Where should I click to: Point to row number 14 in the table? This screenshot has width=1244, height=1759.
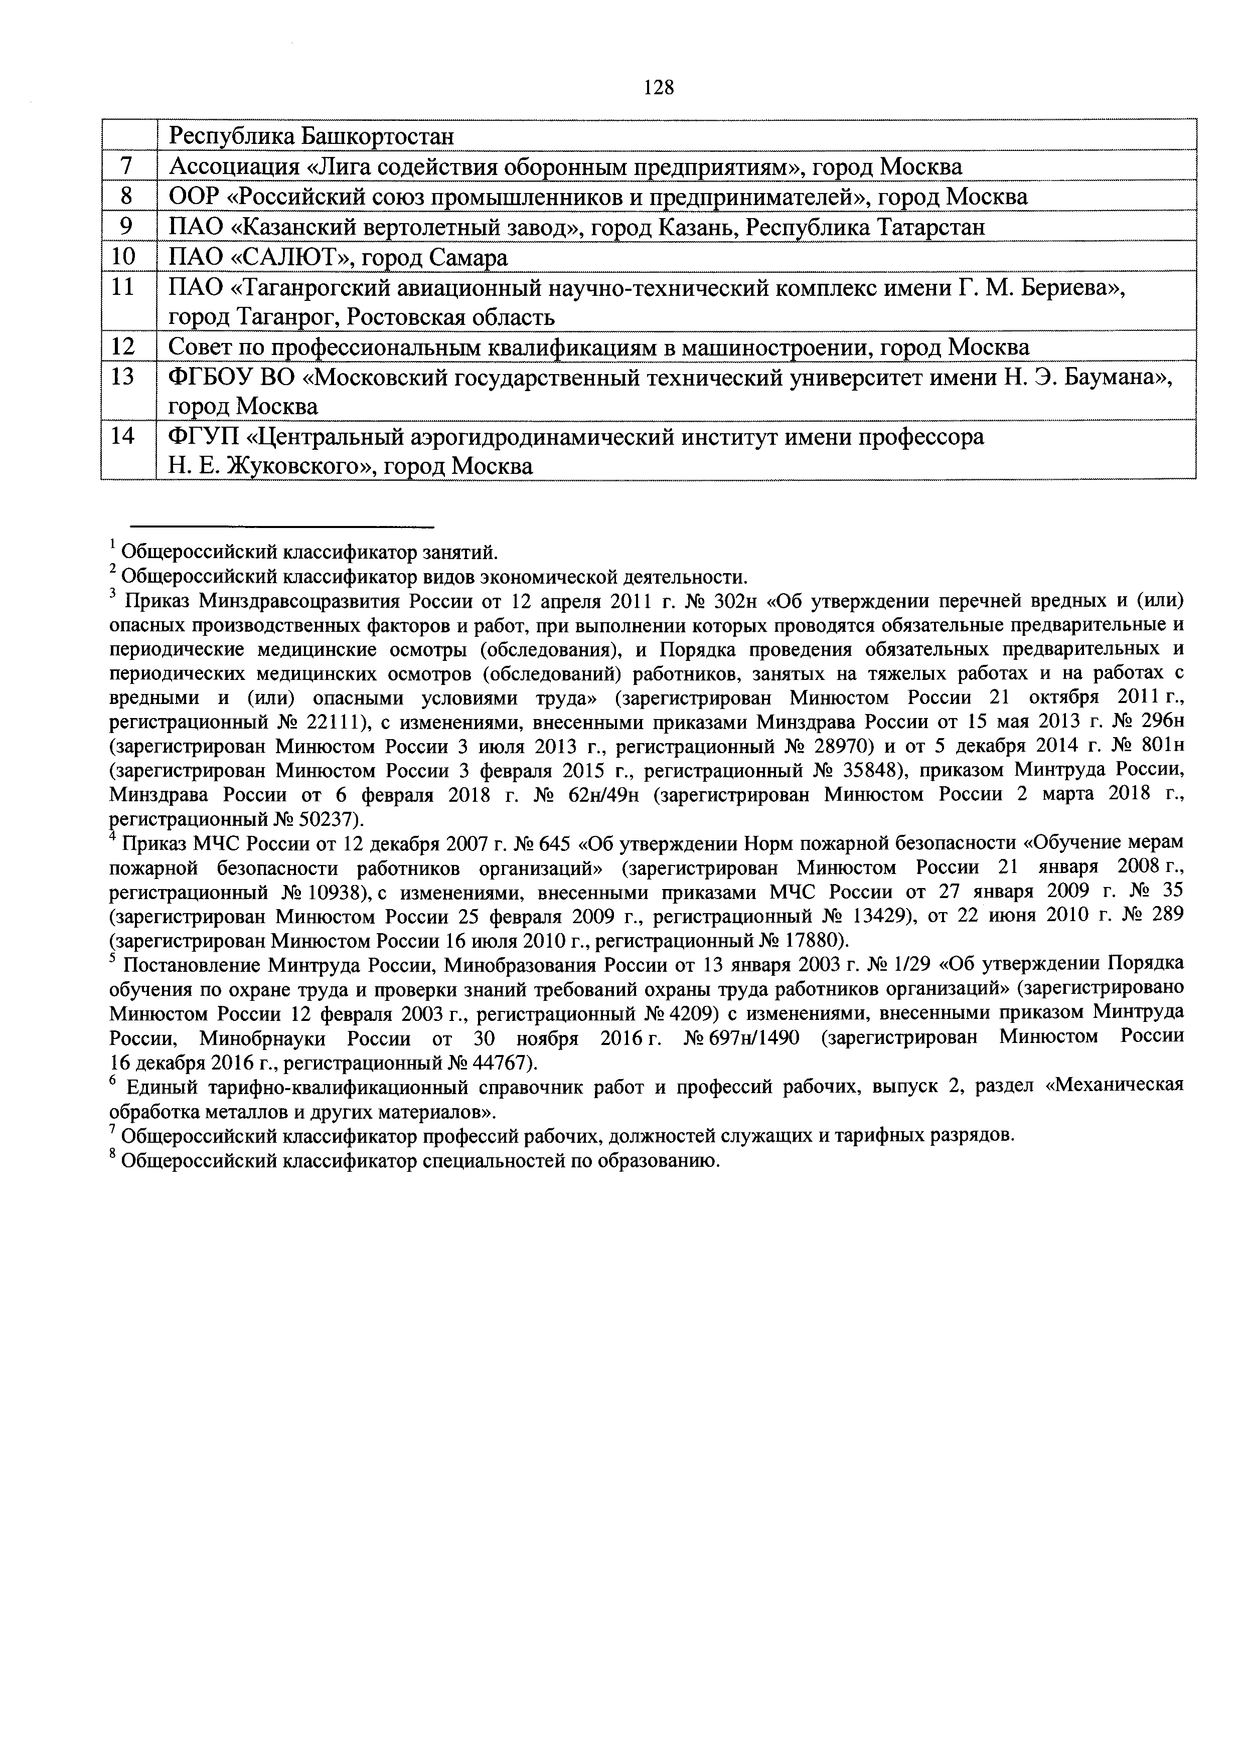click(122, 436)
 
